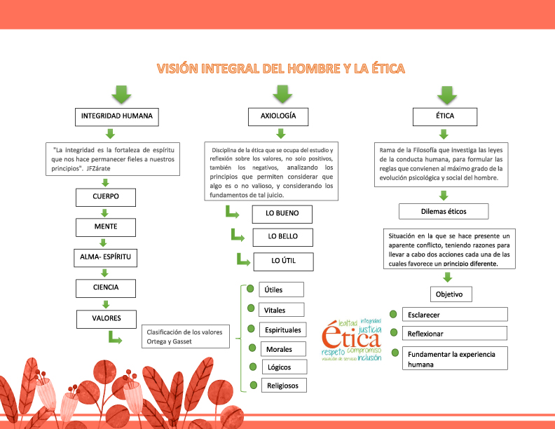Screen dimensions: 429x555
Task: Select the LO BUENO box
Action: coord(282,214)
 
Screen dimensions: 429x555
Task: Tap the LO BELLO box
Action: coord(282,237)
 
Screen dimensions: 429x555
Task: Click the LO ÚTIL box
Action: coord(282,261)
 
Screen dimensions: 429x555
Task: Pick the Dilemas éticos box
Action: coord(443,211)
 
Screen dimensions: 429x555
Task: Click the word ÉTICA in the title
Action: coord(381,68)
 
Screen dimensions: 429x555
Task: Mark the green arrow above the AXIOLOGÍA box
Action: coord(282,94)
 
